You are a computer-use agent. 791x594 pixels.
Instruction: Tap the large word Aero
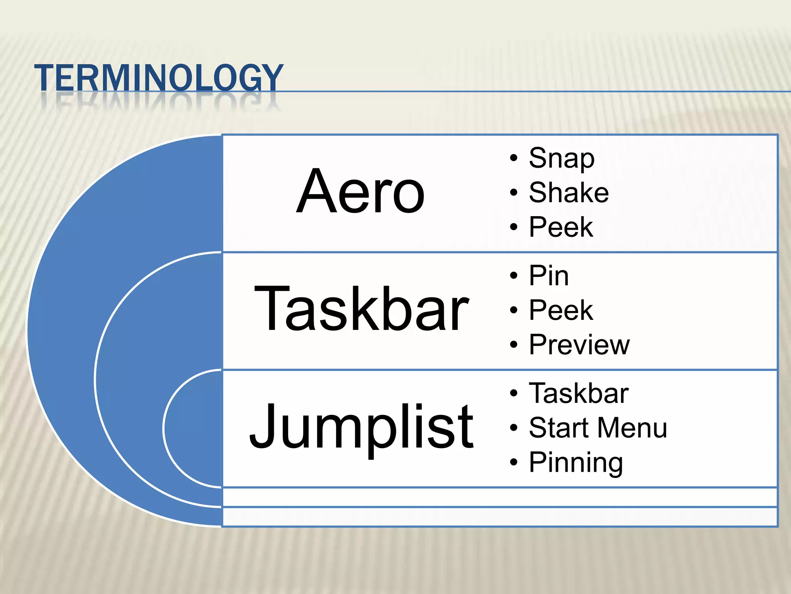tap(360, 191)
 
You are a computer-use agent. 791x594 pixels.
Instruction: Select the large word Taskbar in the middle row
tap(361, 309)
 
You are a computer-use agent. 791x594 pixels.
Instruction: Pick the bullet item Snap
tap(561, 158)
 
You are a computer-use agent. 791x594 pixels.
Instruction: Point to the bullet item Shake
tap(569, 193)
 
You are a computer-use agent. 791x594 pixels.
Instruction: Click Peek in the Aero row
tap(561, 227)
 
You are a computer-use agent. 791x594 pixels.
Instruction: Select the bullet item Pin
tap(549, 276)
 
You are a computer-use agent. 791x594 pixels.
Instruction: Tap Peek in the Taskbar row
tap(561, 310)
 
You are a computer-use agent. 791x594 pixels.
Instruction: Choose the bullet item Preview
tap(579, 345)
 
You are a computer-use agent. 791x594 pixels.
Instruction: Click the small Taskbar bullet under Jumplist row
tap(579, 394)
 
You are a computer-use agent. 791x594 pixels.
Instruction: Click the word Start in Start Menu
tap(560, 428)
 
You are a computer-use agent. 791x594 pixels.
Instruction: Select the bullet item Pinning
tap(575, 463)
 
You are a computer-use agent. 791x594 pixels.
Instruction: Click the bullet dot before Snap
tap(513, 158)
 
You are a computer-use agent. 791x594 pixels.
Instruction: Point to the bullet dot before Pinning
tap(513, 462)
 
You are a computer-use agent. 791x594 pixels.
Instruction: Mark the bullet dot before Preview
tap(513, 344)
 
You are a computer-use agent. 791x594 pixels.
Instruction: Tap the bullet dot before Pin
tap(513, 276)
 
